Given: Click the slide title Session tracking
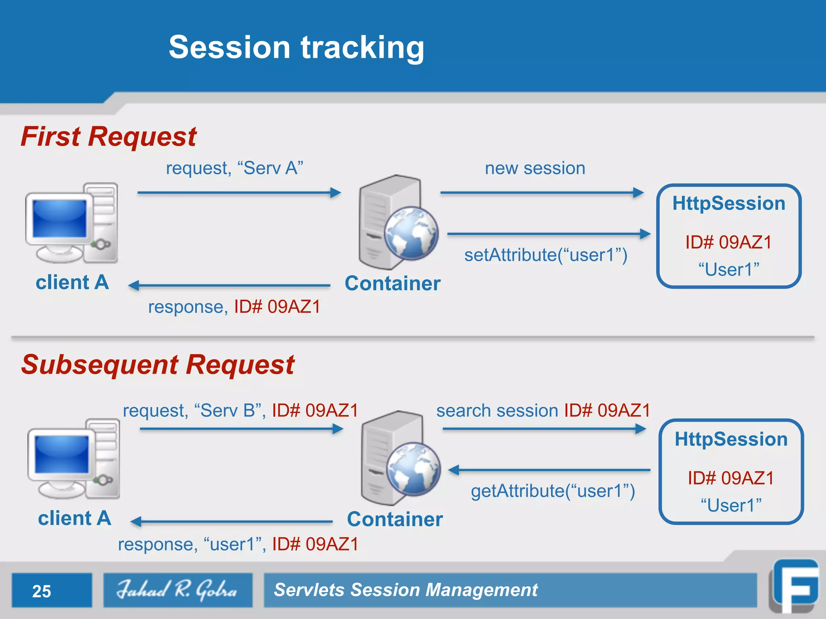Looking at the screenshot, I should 296,48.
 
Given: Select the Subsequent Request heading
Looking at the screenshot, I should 158,365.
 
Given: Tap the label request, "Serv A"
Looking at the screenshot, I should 234,168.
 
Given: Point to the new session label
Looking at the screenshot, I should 535,168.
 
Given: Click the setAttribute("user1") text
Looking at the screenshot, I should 545,255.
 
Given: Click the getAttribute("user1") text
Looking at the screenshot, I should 553,491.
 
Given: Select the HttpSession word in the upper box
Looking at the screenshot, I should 728,204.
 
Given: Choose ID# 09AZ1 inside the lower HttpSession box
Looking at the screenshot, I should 731,478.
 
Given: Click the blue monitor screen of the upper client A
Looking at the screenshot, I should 60,218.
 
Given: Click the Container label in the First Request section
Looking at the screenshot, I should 392,283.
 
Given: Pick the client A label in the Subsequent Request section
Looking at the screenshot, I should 74,518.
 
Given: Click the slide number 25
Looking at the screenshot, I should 42,591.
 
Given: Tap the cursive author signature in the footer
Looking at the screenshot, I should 177,590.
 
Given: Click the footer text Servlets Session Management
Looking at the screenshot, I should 405,590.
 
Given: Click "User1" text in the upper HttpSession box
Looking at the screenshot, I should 728,270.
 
